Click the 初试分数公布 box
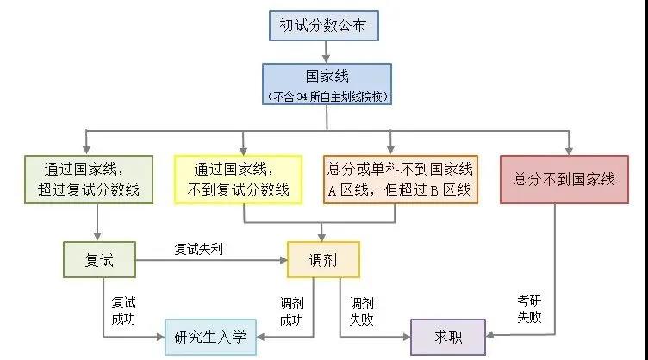coord(323,26)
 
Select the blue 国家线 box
coord(327,77)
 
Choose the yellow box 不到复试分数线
coord(238,179)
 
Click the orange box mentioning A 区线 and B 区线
coord(399,179)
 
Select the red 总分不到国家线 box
coord(564,179)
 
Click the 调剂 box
coord(322,258)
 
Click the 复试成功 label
coord(122,311)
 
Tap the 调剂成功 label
coord(291,311)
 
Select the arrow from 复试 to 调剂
coord(200,259)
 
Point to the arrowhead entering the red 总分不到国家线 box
coord(568,148)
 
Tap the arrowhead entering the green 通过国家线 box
coord(85,148)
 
